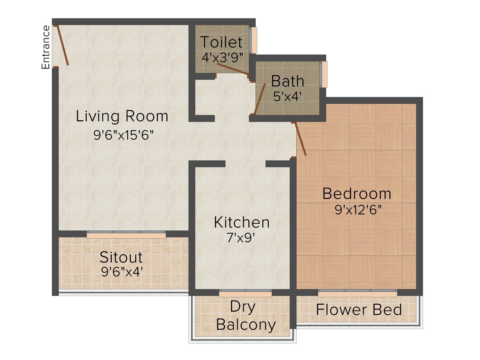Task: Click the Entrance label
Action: point(45,47)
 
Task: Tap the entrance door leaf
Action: point(63,45)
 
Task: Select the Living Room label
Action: point(122,116)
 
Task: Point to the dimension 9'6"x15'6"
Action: point(124,135)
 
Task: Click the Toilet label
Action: point(221,42)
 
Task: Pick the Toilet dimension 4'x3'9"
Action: point(222,58)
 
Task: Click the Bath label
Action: point(288,81)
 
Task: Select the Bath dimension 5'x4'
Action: point(288,96)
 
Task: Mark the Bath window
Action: point(324,75)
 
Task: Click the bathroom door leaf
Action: point(260,99)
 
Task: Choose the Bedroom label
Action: point(357,194)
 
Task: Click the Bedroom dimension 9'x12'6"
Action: point(358,210)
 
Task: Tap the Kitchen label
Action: point(242,222)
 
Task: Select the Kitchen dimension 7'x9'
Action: point(241,238)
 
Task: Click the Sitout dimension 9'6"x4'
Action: point(122,272)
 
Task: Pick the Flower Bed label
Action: point(359,309)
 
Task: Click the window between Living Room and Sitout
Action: point(126,234)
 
